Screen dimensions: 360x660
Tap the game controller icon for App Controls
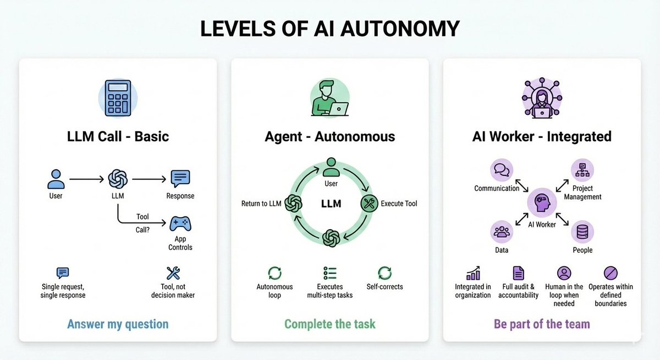coord(180,224)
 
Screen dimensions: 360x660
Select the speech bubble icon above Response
coord(180,178)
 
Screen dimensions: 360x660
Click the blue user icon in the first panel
coord(56,178)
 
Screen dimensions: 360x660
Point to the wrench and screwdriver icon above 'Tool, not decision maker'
coord(173,273)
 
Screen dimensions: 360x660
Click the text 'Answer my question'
coord(118,324)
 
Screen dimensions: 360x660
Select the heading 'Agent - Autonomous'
coord(329,136)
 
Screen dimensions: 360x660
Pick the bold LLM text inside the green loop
coord(331,204)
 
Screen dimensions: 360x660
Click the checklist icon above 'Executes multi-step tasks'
coord(330,273)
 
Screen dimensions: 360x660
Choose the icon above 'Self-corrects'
coord(384,273)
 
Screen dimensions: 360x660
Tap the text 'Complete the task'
coord(330,324)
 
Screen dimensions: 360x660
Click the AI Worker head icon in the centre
coord(542,202)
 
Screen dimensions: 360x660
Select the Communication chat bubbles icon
coord(501,170)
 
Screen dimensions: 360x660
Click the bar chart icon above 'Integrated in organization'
coord(473,273)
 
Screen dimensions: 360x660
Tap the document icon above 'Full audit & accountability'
coord(518,273)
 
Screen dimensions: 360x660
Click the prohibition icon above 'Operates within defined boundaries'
coord(610,273)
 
